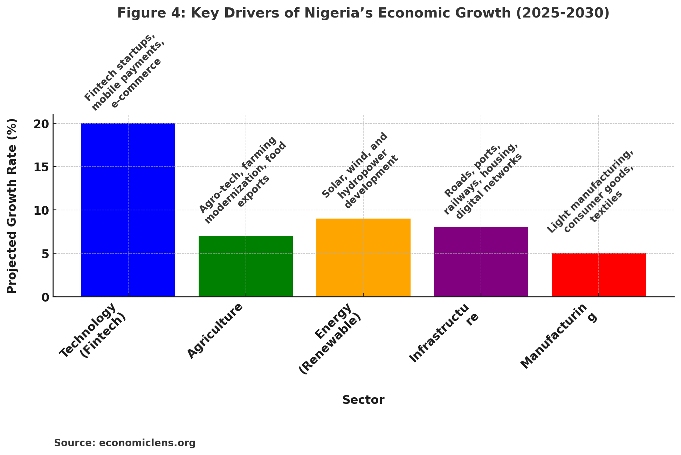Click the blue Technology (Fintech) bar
tap(128, 210)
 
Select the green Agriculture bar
tap(246, 266)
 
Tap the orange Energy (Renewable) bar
tap(363, 257)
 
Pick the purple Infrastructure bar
tap(481, 262)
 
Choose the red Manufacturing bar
tap(599, 275)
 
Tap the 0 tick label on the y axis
tap(46, 297)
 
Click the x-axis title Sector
tap(363, 400)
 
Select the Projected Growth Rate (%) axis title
tap(12, 206)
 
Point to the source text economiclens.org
tap(147, 443)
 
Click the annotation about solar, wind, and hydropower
tap(360, 171)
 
